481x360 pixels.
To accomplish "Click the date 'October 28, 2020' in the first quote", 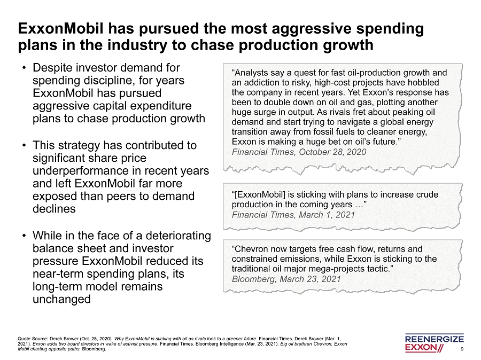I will coord(334,152).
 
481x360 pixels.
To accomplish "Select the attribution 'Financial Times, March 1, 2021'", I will coord(293,214).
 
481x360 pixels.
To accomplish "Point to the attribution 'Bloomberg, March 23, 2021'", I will coord(286,279).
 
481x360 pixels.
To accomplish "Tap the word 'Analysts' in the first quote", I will coord(253,73).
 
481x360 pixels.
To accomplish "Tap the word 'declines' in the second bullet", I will coord(54,209).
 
